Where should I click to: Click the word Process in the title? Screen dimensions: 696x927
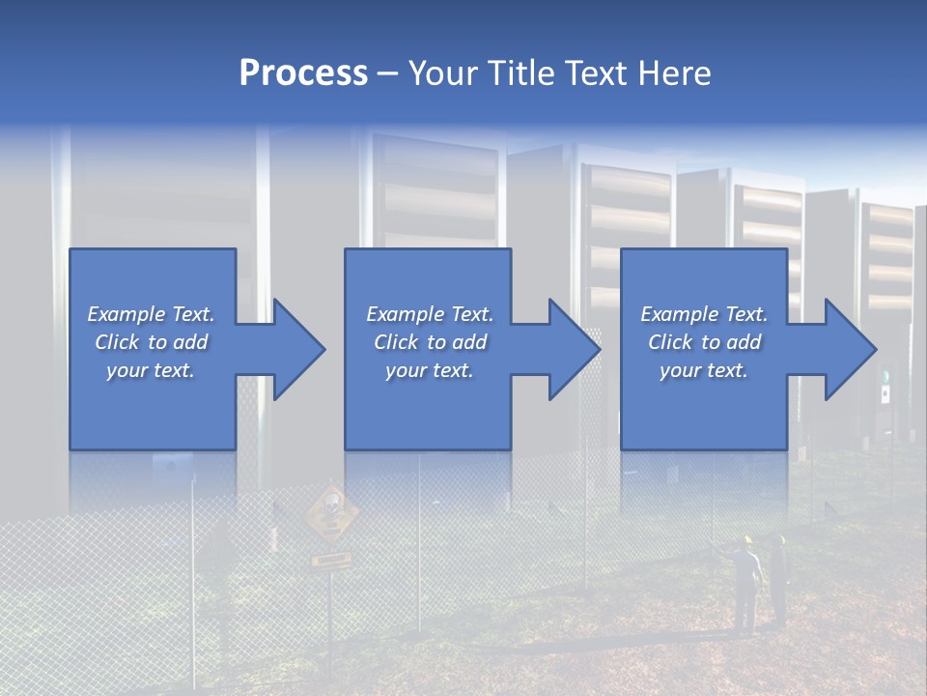303,72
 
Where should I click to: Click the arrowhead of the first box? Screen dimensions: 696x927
299,349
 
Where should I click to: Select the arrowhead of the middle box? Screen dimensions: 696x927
575,349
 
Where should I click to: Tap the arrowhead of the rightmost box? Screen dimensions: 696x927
850,349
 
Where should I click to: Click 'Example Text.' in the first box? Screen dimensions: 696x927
151,314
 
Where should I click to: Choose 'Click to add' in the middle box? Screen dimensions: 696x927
430,342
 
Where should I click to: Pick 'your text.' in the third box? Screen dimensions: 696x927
703,370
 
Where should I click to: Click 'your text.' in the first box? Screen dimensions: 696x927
151,370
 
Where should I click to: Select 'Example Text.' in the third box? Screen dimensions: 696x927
703,314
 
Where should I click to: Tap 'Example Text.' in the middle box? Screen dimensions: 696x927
430,314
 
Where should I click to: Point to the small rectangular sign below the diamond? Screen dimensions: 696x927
330,560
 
